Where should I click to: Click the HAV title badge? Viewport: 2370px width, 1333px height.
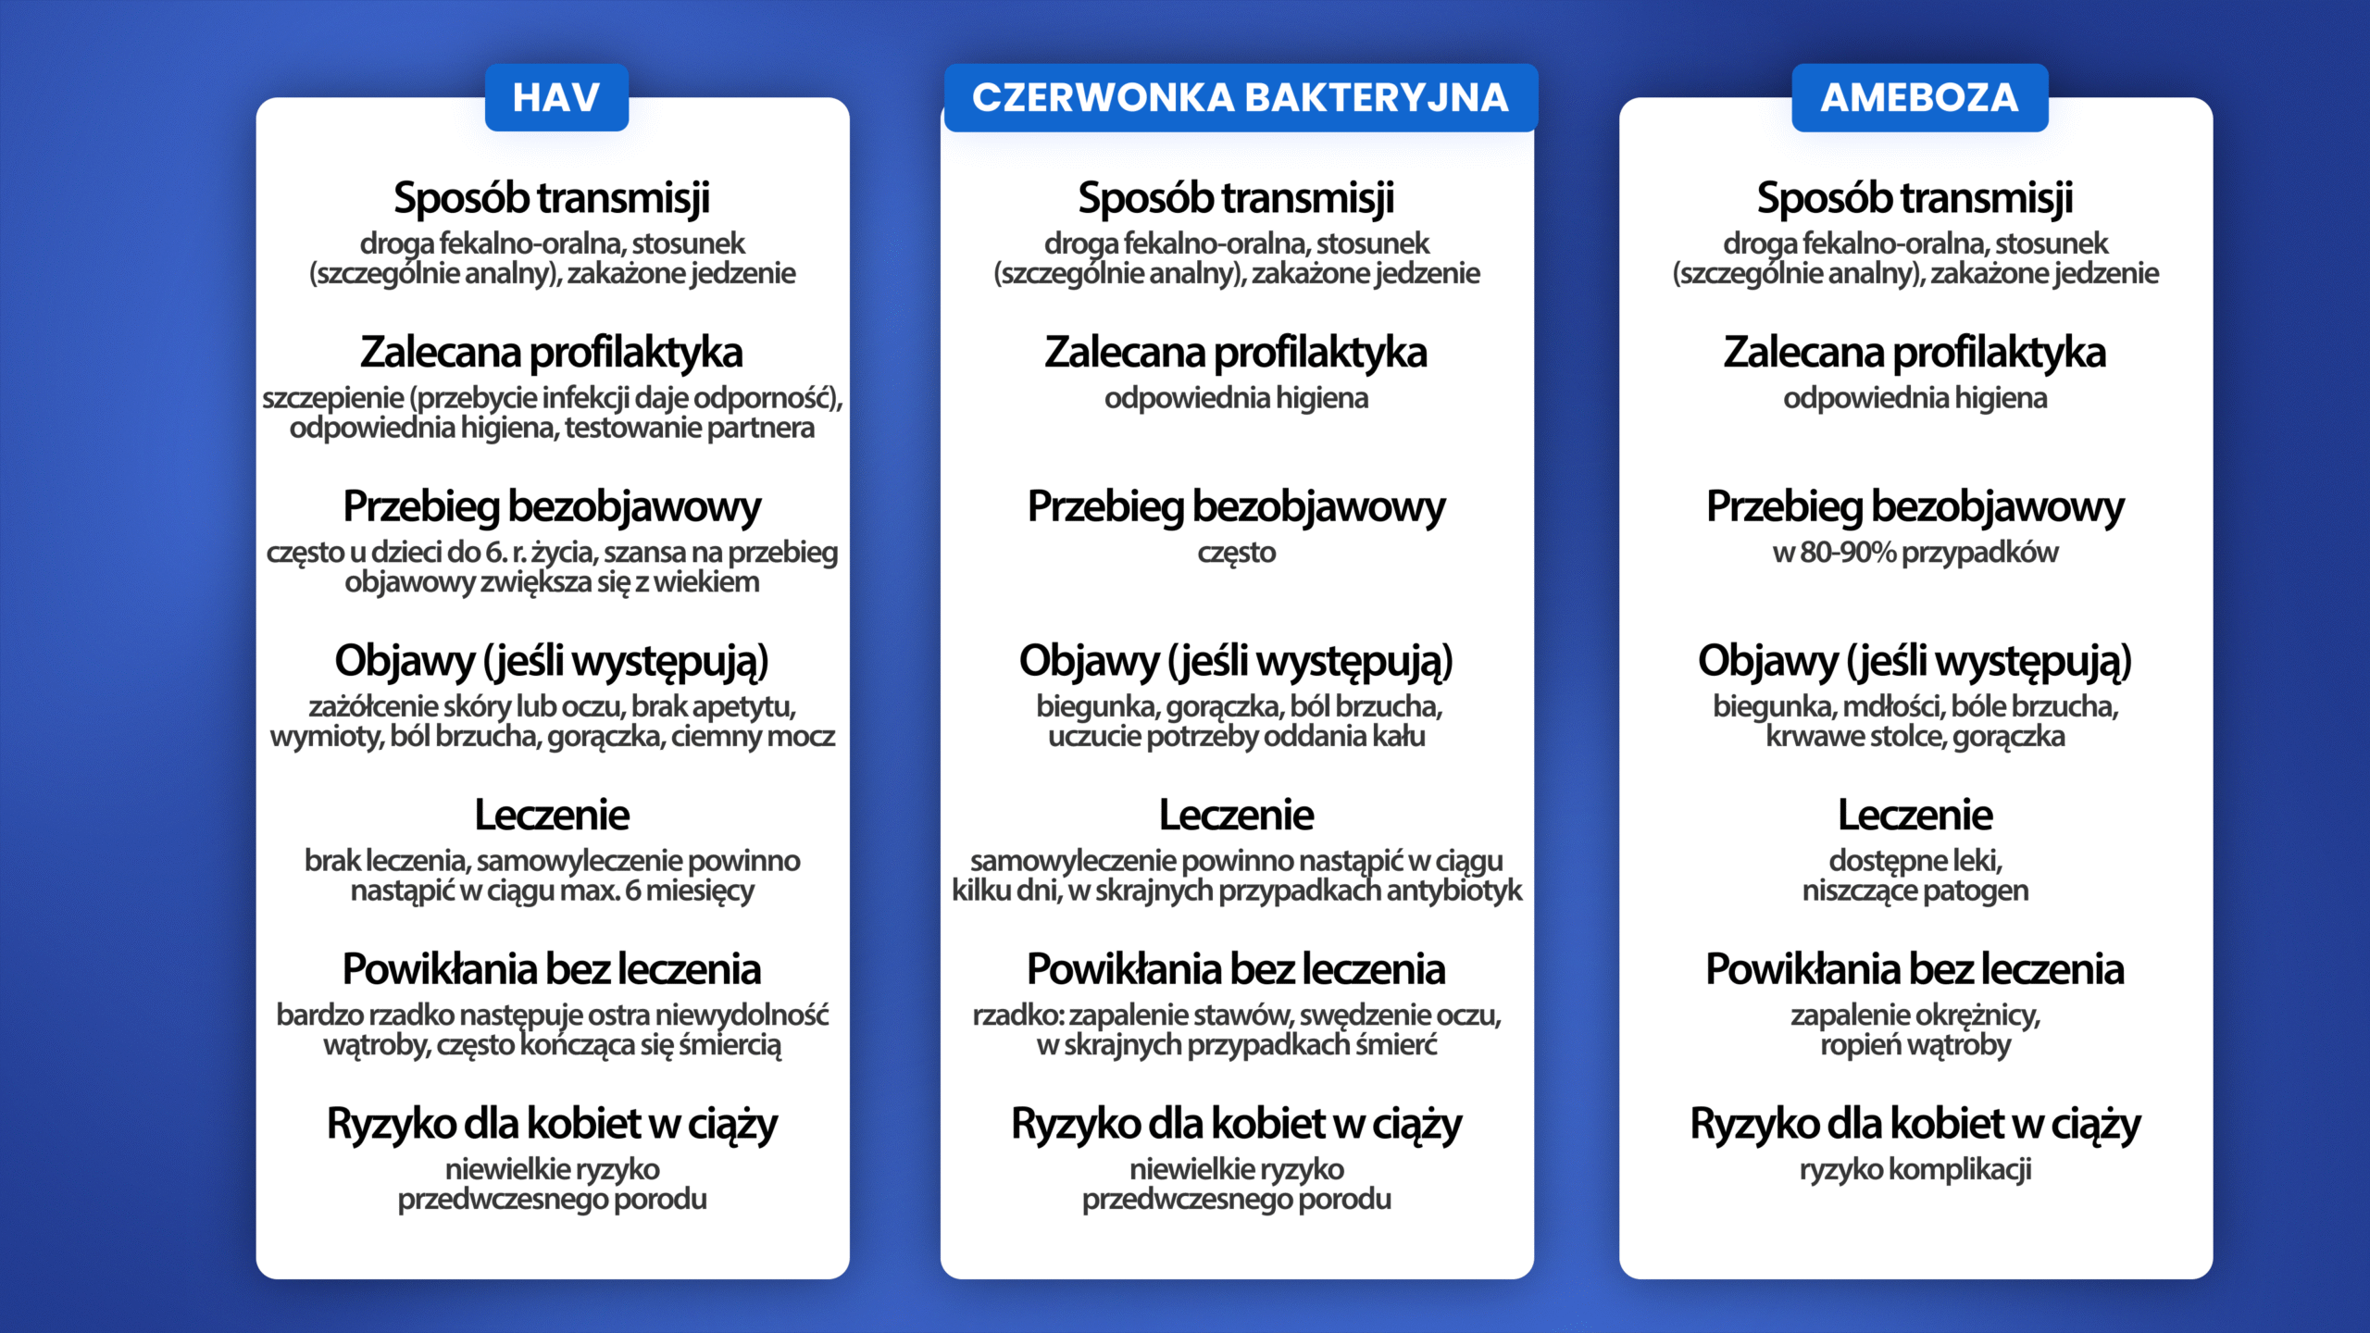556,97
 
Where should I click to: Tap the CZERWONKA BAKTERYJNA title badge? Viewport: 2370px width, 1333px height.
1240,97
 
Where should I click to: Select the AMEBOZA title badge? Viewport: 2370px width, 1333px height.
1919,97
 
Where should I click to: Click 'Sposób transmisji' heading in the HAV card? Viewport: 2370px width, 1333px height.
552,197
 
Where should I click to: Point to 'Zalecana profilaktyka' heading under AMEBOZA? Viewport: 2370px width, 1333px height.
1915,352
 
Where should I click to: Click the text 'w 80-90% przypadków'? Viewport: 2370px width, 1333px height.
1915,553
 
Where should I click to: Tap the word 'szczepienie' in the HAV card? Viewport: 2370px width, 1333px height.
333,398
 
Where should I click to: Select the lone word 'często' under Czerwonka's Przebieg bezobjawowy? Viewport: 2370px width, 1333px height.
1236,553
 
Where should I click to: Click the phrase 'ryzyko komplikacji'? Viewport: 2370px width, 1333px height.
1915,1169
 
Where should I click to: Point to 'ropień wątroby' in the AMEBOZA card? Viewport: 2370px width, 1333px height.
1915,1045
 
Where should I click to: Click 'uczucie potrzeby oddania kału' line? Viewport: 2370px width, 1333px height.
1236,737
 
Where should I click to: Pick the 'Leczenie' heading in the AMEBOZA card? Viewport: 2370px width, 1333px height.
1915,815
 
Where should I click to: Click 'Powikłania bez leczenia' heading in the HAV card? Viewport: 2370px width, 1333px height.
552,969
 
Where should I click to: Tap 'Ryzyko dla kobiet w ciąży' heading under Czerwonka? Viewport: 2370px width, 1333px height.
1236,1124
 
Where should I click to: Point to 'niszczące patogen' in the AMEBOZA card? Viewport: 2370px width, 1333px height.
1915,891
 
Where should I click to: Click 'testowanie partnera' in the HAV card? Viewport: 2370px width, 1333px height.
690,428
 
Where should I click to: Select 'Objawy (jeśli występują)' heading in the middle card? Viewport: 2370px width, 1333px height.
1236,661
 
